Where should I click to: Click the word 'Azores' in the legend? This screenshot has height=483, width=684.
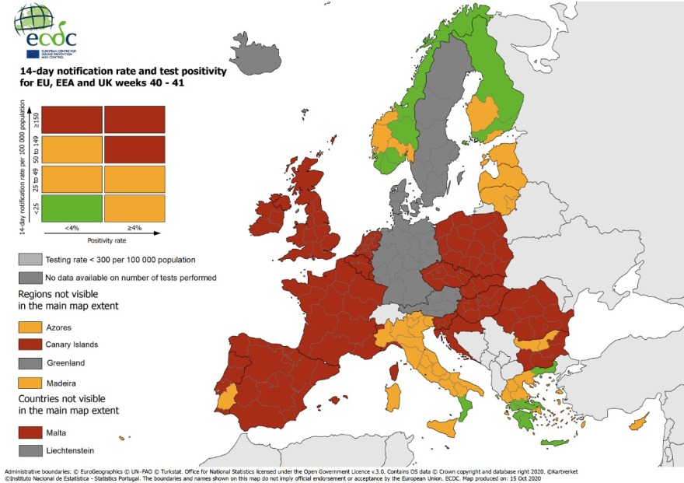[x=59, y=327]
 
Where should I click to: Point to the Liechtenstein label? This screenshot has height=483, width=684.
[x=73, y=450]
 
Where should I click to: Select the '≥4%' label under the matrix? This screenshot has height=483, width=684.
[x=134, y=229]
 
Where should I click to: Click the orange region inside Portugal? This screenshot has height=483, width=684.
[x=227, y=400]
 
